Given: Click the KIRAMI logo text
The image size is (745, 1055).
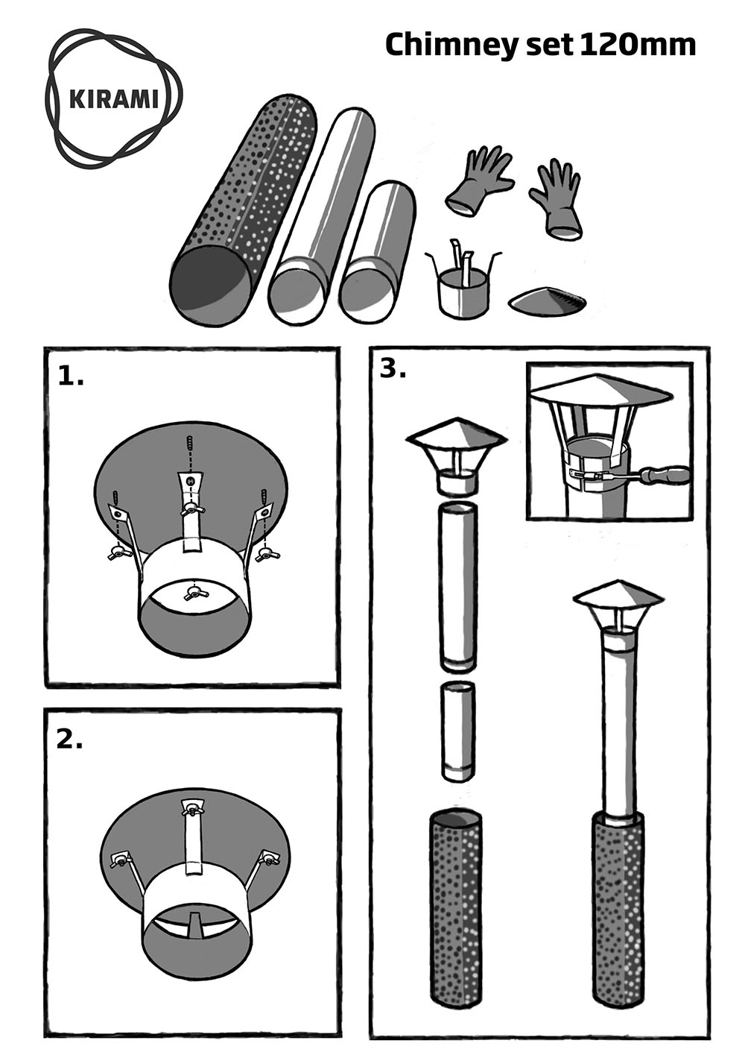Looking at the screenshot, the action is coord(113,99).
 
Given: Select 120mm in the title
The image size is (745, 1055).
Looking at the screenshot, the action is coord(638,45).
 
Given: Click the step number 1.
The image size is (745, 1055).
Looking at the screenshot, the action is coord(71,377).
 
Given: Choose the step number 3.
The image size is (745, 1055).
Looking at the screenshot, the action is coord(393,370).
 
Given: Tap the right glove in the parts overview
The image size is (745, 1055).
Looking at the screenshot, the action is coord(556,198).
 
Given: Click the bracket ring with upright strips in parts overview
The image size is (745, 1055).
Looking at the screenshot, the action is coord(461,285).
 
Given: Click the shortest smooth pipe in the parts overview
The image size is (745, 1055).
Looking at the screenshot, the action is coord(378,253).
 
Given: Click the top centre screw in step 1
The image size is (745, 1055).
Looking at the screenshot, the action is coord(190,444).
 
